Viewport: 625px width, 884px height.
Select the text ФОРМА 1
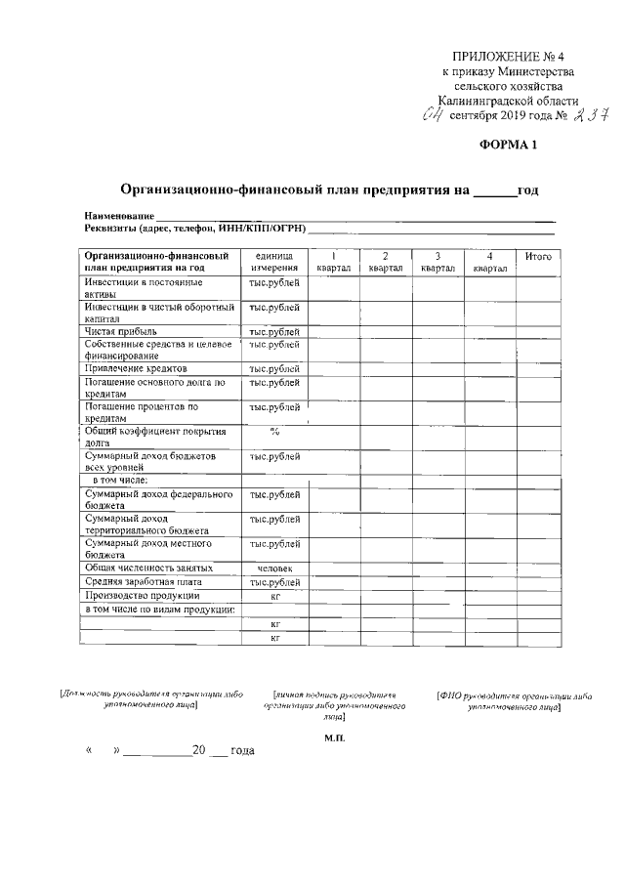pos(508,146)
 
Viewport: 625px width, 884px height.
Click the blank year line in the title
pos(494,191)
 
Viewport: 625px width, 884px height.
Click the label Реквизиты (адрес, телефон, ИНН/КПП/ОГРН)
pos(195,229)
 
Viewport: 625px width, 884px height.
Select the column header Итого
pos(538,256)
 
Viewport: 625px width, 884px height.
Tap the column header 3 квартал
pos(437,262)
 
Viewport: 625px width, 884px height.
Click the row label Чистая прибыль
pos(120,332)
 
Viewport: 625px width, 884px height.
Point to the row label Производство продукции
pos(143,596)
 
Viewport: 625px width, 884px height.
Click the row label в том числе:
pos(119,481)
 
